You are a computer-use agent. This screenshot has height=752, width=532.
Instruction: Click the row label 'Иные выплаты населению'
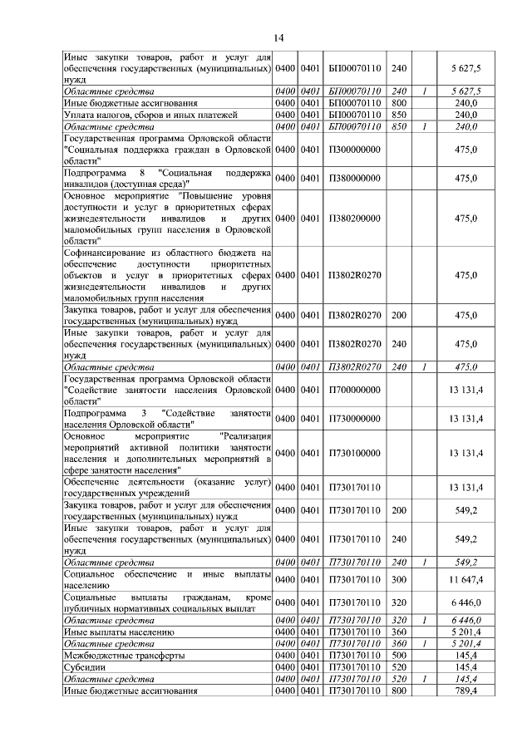click(x=119, y=632)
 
